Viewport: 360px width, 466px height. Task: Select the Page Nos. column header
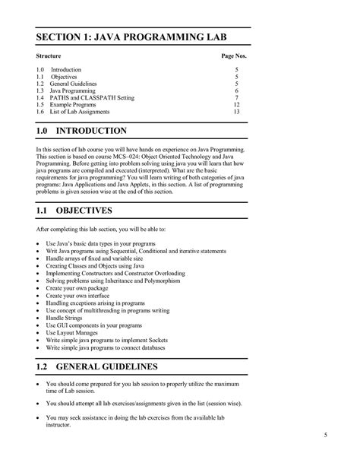click(234, 57)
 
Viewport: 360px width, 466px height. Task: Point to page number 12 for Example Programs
click(236, 105)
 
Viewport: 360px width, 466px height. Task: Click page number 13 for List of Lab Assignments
click(236, 113)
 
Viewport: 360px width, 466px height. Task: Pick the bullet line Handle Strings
click(68, 317)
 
